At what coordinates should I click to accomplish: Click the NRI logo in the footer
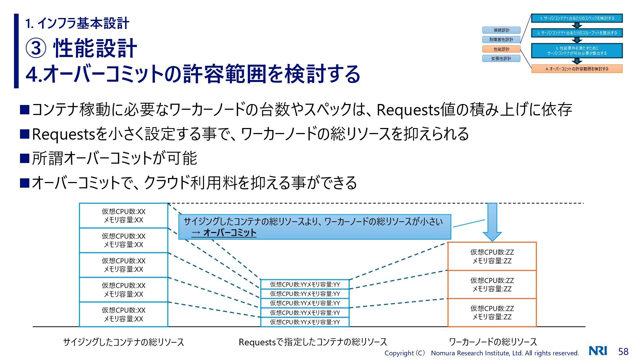pyautogui.click(x=598, y=351)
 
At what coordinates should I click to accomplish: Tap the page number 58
pyautogui.click(x=623, y=351)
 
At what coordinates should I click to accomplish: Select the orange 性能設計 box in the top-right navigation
pyautogui.click(x=501, y=49)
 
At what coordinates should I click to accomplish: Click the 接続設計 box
pyautogui.click(x=501, y=30)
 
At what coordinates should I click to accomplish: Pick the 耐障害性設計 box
pyautogui.click(x=501, y=40)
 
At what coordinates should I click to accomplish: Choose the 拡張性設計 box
pyautogui.click(x=501, y=59)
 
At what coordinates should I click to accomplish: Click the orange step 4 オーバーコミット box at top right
pyautogui.click(x=577, y=69)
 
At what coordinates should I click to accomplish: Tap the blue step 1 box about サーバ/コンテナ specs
pyautogui.click(x=577, y=18)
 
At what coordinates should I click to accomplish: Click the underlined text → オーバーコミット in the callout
pyautogui.click(x=224, y=233)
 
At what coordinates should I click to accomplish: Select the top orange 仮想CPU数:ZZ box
pyautogui.click(x=492, y=256)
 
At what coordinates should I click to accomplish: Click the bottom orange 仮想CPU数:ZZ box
pyautogui.click(x=492, y=312)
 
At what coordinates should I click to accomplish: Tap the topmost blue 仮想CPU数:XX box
pyautogui.click(x=123, y=216)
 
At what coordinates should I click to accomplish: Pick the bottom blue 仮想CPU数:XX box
pyautogui.click(x=123, y=314)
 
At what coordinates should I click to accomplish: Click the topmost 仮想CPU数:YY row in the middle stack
pyautogui.click(x=305, y=284)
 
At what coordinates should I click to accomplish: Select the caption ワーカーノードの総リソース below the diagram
pyautogui.click(x=493, y=342)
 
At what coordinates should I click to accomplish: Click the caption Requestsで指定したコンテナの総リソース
pyautogui.click(x=313, y=342)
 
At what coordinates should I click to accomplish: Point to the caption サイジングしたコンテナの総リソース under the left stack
pyautogui.click(x=123, y=342)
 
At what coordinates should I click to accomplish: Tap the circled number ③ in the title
pyautogui.click(x=36, y=48)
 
